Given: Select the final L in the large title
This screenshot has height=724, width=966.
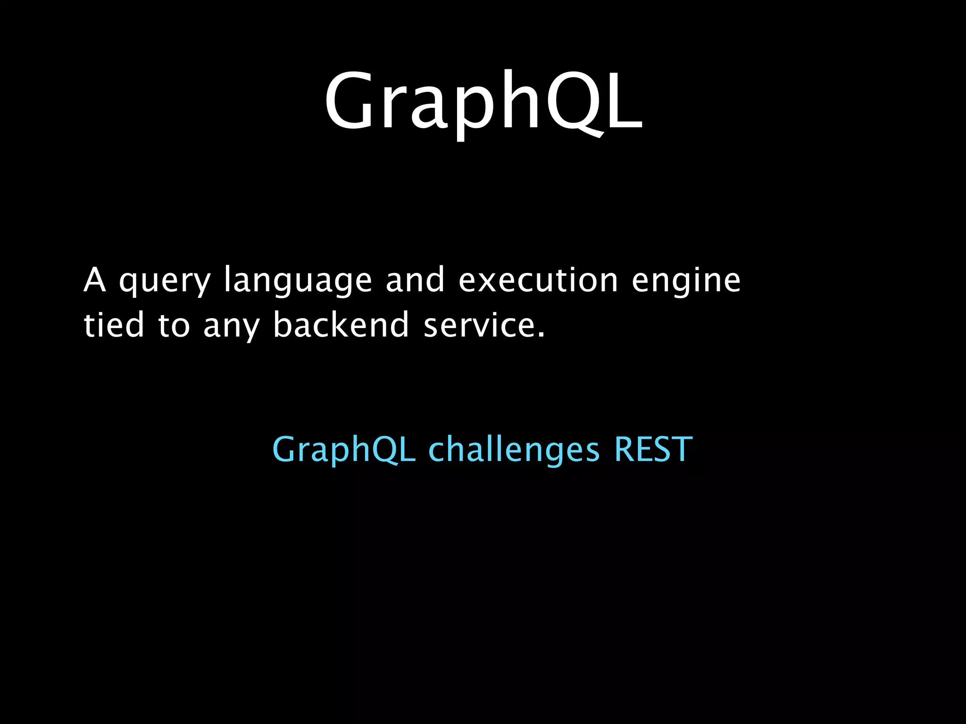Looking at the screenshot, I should [624, 100].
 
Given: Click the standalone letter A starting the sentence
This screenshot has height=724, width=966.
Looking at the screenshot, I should [94, 280].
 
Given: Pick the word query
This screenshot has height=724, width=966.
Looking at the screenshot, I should [164, 282].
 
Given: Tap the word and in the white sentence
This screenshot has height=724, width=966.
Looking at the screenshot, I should [415, 280].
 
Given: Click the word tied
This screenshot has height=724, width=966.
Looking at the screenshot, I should [114, 325].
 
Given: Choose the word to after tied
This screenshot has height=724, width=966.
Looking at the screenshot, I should [174, 326].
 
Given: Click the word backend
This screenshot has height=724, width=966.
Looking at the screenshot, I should [341, 325].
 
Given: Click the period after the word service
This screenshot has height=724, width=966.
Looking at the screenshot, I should [541, 335].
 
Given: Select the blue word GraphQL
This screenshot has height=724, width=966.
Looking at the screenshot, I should [344, 450].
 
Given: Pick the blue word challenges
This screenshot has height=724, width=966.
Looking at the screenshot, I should [514, 450].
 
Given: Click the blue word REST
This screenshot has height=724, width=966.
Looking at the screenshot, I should [653, 449].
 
